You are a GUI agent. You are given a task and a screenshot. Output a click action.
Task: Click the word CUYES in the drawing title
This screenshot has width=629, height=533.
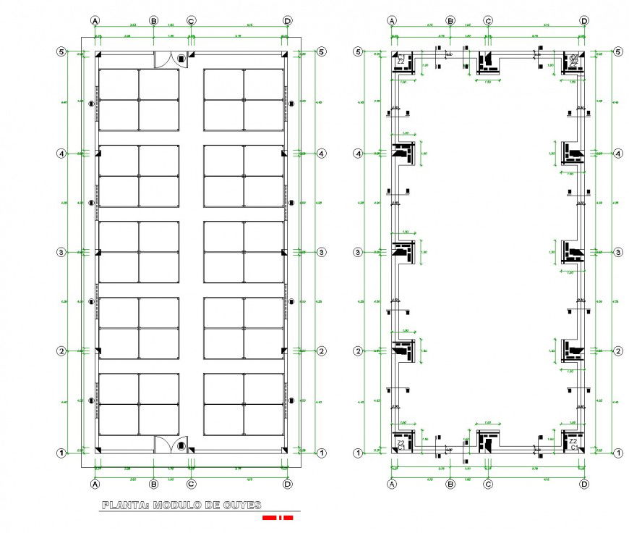click(x=235, y=505)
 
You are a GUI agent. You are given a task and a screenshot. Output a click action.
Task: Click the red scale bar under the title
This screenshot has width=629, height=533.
click(x=277, y=518)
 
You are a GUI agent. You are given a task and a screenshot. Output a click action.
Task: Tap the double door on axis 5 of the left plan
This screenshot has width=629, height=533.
click(x=170, y=59)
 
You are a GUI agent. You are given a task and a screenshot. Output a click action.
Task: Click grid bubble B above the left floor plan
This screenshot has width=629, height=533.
click(x=153, y=21)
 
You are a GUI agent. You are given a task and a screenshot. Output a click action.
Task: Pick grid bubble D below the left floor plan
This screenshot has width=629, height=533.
click(x=288, y=483)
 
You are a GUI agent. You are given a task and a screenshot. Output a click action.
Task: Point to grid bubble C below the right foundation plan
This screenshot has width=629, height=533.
click(x=488, y=483)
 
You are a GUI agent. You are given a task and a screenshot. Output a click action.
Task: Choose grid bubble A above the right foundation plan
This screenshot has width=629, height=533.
click(x=392, y=21)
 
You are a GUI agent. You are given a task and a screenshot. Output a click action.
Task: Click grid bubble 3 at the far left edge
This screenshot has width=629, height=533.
click(x=62, y=252)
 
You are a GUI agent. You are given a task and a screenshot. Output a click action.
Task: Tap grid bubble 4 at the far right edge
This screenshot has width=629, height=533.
click(x=617, y=154)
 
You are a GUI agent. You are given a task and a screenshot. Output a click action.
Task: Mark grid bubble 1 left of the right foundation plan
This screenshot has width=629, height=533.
click(x=357, y=453)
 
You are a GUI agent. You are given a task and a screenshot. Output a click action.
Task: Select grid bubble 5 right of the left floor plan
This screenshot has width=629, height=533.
click(x=321, y=52)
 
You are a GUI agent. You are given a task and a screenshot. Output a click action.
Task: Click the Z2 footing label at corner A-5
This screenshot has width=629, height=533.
click(x=400, y=62)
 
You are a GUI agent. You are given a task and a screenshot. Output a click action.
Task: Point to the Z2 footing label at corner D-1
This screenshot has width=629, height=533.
click(x=573, y=440)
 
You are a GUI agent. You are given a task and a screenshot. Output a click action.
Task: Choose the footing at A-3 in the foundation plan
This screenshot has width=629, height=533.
click(x=402, y=251)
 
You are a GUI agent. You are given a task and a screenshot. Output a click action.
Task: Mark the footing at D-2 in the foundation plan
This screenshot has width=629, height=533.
click(x=574, y=351)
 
